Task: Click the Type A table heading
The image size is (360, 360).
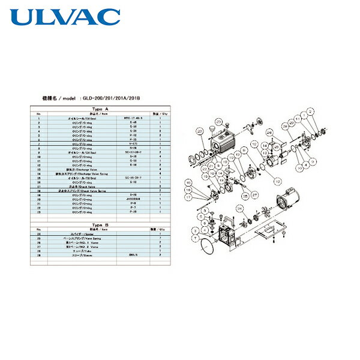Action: (x=98, y=109)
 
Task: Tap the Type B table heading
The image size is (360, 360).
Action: (x=98, y=224)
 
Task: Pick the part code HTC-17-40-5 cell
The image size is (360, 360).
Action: (x=134, y=118)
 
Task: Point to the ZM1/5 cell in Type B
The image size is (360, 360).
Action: (x=134, y=254)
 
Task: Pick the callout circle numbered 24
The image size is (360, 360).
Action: (x=239, y=208)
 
